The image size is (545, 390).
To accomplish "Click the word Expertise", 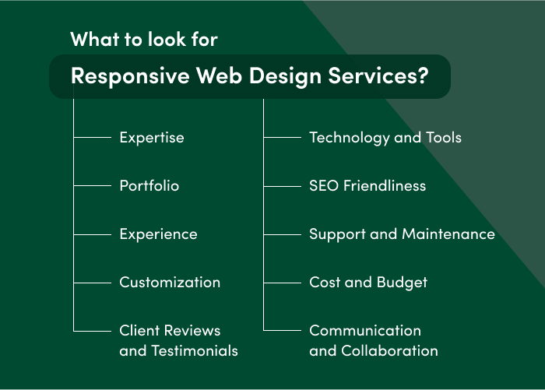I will (x=152, y=138).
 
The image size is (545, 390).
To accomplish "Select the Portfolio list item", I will (x=149, y=186).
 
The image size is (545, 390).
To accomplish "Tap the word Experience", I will (x=158, y=234).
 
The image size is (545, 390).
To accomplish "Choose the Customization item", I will (x=170, y=283).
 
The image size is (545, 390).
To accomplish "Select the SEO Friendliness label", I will (x=367, y=186).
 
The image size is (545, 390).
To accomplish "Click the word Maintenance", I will (x=448, y=234).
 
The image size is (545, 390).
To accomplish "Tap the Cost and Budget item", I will (x=368, y=283).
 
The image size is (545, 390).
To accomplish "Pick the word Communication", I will (x=365, y=331).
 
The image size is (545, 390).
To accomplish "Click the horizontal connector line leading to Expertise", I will (x=93, y=138).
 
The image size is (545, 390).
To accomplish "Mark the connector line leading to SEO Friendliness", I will (x=283, y=186).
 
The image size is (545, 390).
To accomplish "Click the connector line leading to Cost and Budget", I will (x=283, y=283).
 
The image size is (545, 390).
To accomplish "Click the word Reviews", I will (x=196, y=331).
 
